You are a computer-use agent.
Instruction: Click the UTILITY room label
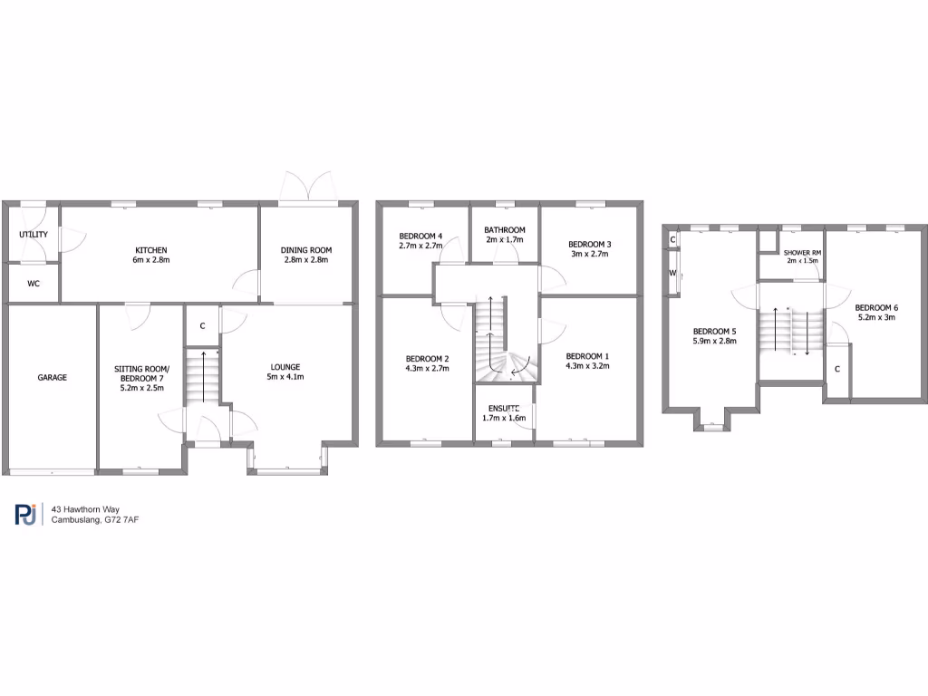click(x=34, y=235)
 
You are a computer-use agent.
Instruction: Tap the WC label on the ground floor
click(x=34, y=284)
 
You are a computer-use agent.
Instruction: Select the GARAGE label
click(x=52, y=377)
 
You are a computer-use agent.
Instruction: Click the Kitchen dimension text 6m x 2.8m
click(x=152, y=261)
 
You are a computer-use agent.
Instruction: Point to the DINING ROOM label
click(x=304, y=250)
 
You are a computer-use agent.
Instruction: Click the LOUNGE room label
click(x=285, y=366)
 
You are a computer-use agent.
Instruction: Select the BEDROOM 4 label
click(x=420, y=236)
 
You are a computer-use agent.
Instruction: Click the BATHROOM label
click(x=505, y=230)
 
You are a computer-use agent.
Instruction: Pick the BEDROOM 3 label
click(x=589, y=244)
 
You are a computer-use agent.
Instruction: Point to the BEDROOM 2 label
click(x=428, y=358)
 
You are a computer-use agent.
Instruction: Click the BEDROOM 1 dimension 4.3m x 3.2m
click(x=587, y=367)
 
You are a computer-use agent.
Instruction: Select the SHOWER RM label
click(x=802, y=251)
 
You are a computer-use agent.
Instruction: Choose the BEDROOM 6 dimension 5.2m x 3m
click(x=875, y=317)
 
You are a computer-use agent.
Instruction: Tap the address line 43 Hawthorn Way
click(x=85, y=509)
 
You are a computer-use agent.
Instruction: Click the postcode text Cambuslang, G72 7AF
click(x=94, y=520)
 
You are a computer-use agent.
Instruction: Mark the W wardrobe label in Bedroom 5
click(x=673, y=273)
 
